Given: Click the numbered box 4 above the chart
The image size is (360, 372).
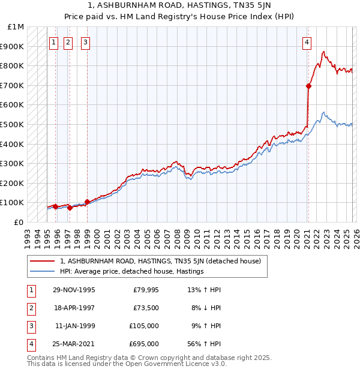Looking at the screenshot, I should coord(307,42).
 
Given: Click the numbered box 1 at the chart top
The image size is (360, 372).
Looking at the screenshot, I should coord(54,42).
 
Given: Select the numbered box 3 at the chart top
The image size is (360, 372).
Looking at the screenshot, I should coord(86,42).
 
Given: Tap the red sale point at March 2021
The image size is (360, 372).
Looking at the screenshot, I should coord(308,86).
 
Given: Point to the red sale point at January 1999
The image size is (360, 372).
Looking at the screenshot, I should coord(87,202).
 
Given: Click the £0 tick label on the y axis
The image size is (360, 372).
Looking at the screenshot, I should coord(19,222).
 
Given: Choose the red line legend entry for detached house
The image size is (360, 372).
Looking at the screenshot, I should coord(160,261).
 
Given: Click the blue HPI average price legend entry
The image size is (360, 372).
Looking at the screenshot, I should coord(132,271).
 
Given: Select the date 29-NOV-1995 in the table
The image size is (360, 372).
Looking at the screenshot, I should coord(73,290).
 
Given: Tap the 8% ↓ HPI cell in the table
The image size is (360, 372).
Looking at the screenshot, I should coord(206,308).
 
